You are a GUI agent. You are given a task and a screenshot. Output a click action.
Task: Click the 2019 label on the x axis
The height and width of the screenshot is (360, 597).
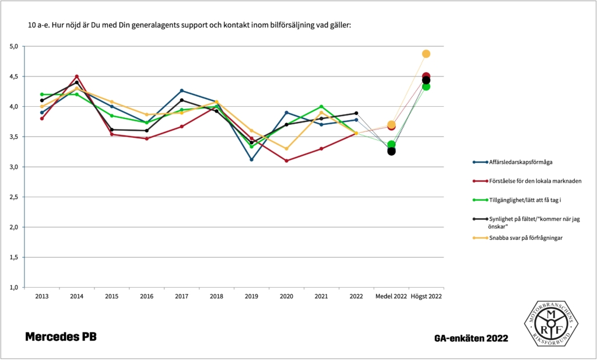point(251,296)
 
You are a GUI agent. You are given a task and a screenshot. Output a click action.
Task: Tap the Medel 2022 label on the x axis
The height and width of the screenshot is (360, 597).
point(391,296)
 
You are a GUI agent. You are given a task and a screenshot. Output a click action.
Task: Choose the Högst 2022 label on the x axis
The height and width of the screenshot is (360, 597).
point(426,296)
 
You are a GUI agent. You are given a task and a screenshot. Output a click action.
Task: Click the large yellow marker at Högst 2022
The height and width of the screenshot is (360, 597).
point(426,54)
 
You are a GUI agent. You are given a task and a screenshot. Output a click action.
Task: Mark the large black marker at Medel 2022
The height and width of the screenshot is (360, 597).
point(391,151)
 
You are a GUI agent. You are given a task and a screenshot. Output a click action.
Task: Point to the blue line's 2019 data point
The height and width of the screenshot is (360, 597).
point(251,159)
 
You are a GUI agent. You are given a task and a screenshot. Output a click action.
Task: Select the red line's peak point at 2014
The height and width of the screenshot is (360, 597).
point(76,76)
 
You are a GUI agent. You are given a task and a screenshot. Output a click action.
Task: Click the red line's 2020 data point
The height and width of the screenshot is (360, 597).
point(286,160)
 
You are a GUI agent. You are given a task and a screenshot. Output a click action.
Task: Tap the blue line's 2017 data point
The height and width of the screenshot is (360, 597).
point(181,90)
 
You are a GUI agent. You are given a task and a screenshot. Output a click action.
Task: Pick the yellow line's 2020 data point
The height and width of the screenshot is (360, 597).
point(286,148)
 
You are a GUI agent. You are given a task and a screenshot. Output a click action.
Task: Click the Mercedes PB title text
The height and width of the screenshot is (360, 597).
point(61,337)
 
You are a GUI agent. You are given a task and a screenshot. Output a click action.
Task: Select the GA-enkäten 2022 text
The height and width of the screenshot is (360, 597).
point(471,338)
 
